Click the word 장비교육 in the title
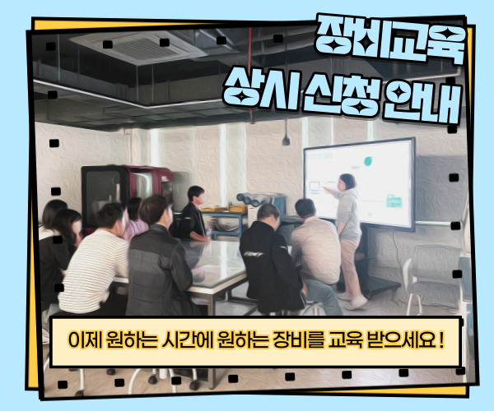[x=390, y=39]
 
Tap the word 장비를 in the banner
[x=297, y=339]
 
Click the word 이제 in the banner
[x=85, y=339]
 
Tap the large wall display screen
[x=359, y=182]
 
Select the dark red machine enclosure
[x=126, y=195]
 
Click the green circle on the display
[x=369, y=160]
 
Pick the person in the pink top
[x=136, y=218]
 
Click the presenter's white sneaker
[x=357, y=302]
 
